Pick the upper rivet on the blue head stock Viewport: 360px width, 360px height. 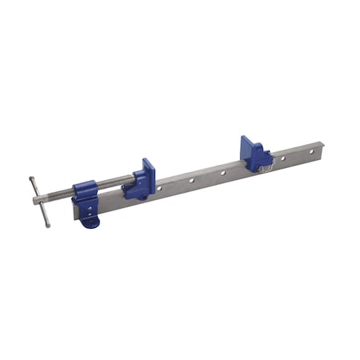pyautogui.click(x=90, y=206)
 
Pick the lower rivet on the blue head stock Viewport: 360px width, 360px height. pyautogui.click(x=90, y=212)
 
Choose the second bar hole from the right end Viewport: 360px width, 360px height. pyautogui.click(x=282, y=159)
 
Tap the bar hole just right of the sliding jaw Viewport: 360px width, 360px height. pyautogui.click(x=160, y=188)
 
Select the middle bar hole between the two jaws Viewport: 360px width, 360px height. pyautogui.click(x=193, y=180)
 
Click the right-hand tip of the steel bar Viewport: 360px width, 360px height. pyautogui.click(x=322, y=146)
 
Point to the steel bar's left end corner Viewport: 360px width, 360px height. pyautogui.click(x=74, y=216)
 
